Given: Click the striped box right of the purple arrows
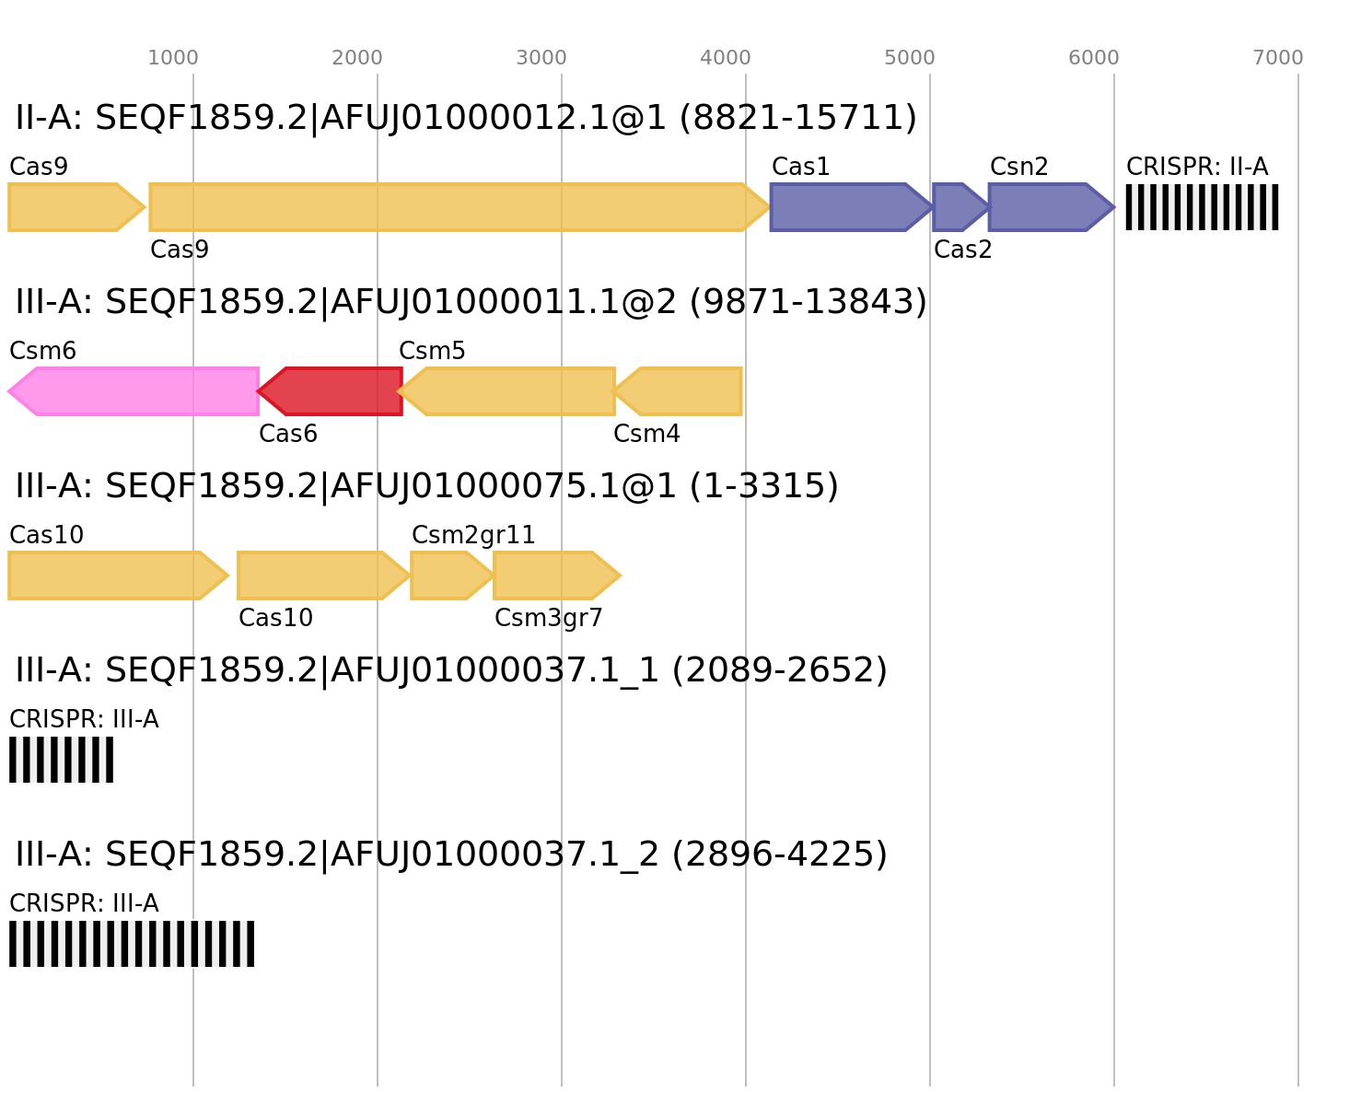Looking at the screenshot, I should (1202, 207).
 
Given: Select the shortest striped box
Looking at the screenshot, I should (61, 760).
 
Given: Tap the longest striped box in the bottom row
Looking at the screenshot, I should (132, 944).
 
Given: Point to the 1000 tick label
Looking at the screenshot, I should (173, 58).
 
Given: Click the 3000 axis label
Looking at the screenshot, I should (541, 58).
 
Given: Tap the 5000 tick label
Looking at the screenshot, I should (910, 58).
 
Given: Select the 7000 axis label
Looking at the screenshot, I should (1278, 58).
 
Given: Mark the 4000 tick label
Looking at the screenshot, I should (726, 58).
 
